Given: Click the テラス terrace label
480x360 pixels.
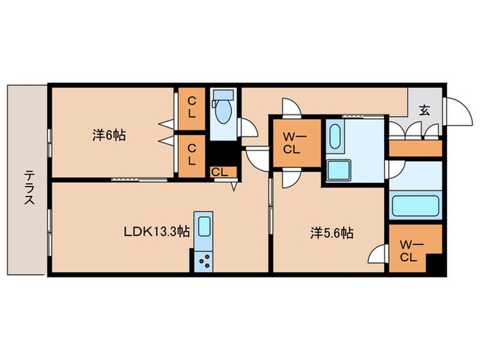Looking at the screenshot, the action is coord(29,187).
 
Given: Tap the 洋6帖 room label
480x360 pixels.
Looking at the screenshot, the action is coord(109,135).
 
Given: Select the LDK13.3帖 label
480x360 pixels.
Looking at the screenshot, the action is coord(156,232).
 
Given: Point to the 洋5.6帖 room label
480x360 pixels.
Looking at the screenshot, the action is coord(332,233).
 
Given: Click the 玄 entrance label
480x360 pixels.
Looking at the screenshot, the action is coord(424,110).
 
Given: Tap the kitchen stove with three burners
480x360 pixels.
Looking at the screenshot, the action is coord(204,260).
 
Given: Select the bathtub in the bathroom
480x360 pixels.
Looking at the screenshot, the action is coord(416,206).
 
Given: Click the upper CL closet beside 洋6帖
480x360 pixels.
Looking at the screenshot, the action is coord(191,108).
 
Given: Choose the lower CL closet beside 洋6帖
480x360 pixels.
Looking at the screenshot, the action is coord(191,156).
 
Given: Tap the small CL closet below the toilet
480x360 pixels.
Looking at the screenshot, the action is coord(223,172).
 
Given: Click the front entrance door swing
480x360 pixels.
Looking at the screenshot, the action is coord(457,111).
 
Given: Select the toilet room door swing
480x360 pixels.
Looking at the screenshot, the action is coord(248,127).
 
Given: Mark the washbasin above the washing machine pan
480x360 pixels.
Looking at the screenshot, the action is coord(335,136).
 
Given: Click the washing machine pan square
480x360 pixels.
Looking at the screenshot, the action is coord(338,171).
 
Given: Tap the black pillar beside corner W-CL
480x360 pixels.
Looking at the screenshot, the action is coord(434,263).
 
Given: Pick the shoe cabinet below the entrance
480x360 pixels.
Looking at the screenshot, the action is coord(416,149).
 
